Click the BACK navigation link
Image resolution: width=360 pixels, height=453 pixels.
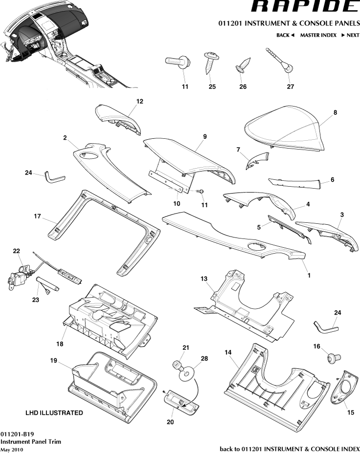click(x=285, y=35)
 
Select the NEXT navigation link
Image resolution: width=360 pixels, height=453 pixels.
click(x=350, y=35)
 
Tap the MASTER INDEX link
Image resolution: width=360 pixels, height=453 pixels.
click(x=318, y=35)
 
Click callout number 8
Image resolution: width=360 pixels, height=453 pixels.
click(x=335, y=112)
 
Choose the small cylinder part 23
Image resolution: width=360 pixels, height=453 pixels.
click(x=48, y=283)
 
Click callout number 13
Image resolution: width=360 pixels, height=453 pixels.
click(x=204, y=278)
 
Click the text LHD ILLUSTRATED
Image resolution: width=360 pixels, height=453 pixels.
click(x=54, y=413)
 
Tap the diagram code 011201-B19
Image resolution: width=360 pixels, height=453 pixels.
click(x=17, y=434)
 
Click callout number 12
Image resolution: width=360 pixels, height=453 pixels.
click(x=140, y=102)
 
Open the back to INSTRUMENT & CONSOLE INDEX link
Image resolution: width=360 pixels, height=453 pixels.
click(x=290, y=449)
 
